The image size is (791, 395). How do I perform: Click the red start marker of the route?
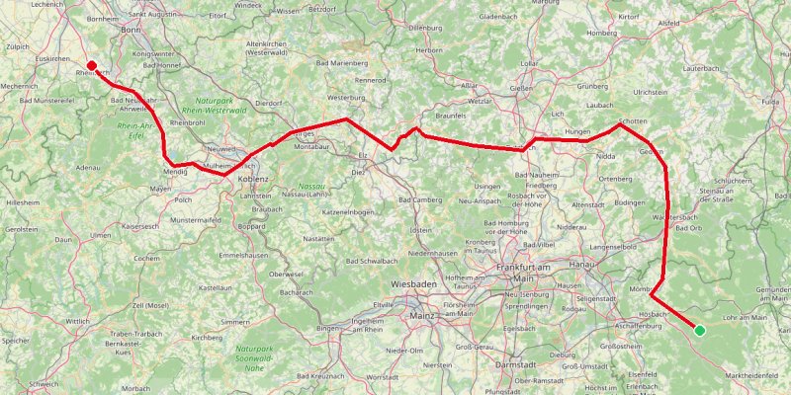[91, 66]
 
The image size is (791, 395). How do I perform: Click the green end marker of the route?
[700, 330]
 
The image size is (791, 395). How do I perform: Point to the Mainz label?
[422, 316]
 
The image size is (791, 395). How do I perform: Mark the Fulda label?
[772, 102]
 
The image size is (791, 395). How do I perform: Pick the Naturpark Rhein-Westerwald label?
[218, 106]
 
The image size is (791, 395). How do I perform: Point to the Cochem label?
[147, 258]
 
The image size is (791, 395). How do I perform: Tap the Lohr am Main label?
[746, 318]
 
